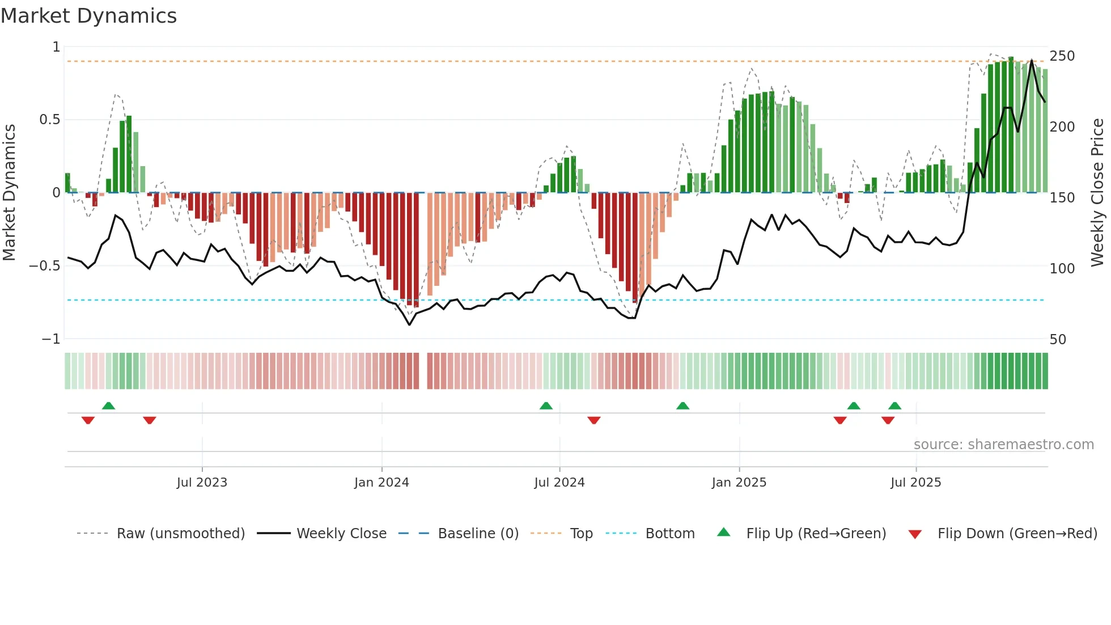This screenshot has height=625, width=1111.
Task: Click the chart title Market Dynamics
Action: (88, 16)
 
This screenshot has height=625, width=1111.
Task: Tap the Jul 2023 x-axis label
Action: (202, 483)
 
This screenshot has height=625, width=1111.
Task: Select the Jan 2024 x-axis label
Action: (381, 483)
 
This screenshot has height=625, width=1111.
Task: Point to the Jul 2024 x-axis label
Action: (559, 483)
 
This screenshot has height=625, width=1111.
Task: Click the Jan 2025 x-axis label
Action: (739, 483)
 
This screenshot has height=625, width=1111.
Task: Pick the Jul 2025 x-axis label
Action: (916, 483)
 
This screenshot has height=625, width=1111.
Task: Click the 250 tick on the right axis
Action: (1062, 56)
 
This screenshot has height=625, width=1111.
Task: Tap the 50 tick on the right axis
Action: (1058, 340)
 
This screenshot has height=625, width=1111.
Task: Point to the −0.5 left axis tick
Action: (44, 266)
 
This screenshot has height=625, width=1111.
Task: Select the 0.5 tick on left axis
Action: (49, 120)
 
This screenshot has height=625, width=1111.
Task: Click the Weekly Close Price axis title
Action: (1097, 193)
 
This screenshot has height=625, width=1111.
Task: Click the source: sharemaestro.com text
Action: (1003, 445)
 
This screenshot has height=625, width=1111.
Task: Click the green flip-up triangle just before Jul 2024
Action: (546, 406)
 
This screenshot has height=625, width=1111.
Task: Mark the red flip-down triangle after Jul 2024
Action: (594, 420)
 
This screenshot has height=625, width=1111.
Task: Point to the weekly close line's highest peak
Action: (1032, 60)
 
